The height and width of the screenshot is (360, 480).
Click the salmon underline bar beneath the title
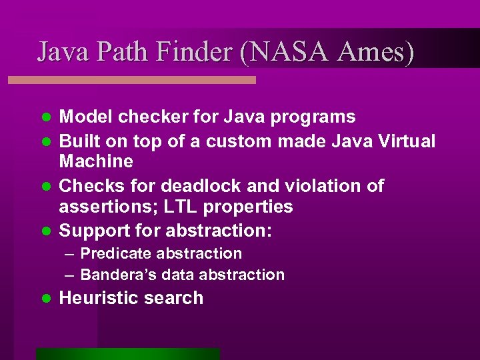131,80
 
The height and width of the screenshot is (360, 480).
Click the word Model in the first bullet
86,117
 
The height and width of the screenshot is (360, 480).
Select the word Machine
96,161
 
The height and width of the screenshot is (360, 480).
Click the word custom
238,141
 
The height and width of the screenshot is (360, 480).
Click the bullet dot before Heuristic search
46,298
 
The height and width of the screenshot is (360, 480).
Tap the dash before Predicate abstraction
70,254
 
